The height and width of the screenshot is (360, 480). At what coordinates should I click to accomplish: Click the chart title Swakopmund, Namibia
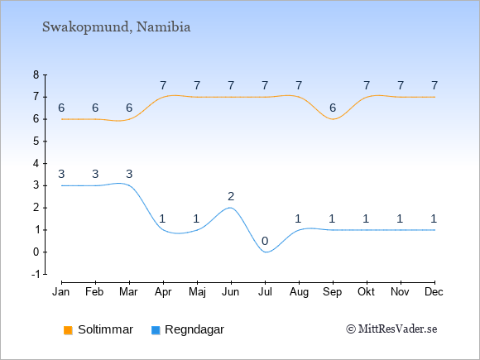[x=117, y=27]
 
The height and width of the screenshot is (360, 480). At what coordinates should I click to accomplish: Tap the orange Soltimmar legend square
[x=68, y=330]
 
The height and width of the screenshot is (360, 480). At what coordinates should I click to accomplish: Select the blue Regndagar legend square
[x=156, y=330]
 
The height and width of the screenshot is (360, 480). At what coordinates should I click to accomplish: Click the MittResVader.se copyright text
[x=391, y=329]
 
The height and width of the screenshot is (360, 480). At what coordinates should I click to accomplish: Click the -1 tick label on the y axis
[x=36, y=274]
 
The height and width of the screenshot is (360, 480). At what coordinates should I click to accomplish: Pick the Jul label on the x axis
[x=265, y=292]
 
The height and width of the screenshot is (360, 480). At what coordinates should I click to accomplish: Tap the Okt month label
[x=366, y=292]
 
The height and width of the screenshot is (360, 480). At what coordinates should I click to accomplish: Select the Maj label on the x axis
[x=198, y=292]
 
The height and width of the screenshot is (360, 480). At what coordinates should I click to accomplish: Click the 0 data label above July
[x=265, y=241]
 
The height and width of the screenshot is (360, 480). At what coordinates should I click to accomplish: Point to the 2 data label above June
[x=231, y=196]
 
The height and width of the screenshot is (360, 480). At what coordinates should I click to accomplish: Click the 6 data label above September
[x=333, y=108]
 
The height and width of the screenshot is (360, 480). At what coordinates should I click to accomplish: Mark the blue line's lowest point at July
[x=266, y=252]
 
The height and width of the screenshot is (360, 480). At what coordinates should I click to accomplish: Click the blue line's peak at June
[x=231, y=208]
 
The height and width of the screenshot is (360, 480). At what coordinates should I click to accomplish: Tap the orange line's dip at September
[x=333, y=119]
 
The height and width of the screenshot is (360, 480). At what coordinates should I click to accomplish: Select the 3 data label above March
[x=129, y=174]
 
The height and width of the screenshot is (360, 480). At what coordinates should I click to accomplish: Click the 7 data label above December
[x=434, y=85]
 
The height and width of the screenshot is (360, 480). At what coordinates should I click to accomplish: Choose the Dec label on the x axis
[x=434, y=292]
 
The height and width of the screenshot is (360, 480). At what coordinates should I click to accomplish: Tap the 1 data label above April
[x=162, y=218]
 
